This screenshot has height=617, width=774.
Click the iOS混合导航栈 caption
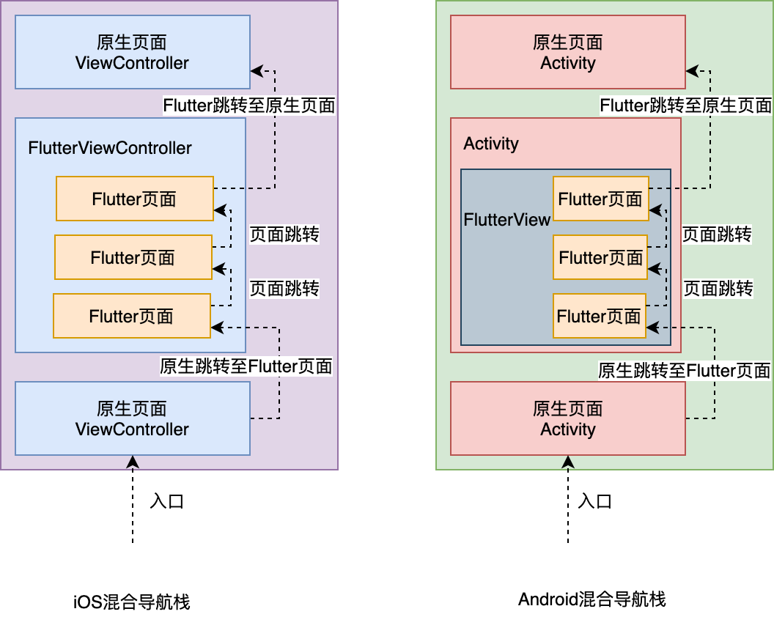(x=132, y=602)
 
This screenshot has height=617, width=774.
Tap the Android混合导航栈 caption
(x=591, y=599)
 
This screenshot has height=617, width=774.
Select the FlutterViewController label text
(x=110, y=148)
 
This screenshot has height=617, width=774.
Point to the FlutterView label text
(x=506, y=219)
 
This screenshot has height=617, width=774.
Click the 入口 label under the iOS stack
(x=166, y=501)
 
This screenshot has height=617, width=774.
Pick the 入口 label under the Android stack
(x=594, y=501)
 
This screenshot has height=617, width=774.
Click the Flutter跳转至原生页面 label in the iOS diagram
(x=249, y=106)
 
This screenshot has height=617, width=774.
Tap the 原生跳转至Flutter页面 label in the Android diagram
(x=684, y=371)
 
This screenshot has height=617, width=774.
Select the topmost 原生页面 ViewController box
(x=133, y=53)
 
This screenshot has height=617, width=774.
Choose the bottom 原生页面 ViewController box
(x=133, y=418)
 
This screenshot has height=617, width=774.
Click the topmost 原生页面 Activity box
(x=568, y=53)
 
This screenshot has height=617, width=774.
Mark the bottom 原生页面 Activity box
(x=568, y=418)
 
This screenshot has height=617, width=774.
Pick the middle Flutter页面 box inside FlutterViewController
(x=133, y=257)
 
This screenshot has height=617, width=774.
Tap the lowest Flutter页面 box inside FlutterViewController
(x=132, y=316)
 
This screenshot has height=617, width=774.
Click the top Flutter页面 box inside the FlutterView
(x=600, y=199)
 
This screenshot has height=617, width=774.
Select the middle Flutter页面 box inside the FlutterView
(x=600, y=257)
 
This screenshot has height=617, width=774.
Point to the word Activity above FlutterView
(x=491, y=144)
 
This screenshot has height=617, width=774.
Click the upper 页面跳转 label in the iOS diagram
(x=284, y=234)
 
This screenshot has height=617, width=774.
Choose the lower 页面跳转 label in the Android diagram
(x=718, y=288)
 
